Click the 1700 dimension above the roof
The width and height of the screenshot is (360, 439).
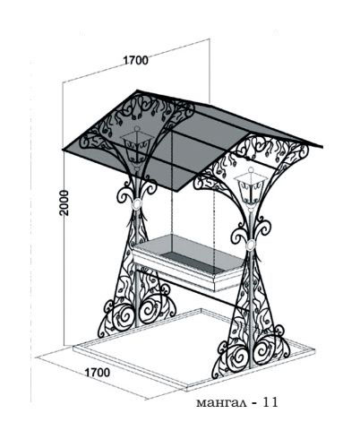(135, 60)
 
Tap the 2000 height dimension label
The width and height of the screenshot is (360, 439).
(64, 202)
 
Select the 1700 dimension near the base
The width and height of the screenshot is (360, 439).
(98, 373)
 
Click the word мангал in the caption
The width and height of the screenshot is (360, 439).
(221, 403)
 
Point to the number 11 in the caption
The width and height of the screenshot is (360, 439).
(270, 402)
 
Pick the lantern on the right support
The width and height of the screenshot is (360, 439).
(251, 187)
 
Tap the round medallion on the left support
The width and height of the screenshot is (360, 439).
(137, 204)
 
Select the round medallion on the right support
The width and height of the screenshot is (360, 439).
(250, 245)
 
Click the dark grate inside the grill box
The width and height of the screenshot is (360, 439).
(191, 261)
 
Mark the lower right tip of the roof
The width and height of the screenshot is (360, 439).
(322, 147)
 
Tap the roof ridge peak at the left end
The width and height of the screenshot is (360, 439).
(137, 90)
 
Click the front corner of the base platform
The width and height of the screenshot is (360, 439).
(187, 389)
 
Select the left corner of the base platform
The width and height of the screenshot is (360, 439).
(73, 349)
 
